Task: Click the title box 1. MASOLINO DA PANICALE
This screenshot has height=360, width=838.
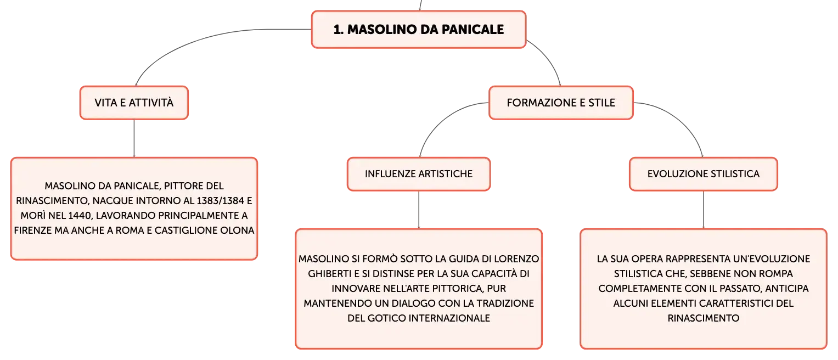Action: (x=419, y=30)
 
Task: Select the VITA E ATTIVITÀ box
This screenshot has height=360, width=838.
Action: (x=134, y=103)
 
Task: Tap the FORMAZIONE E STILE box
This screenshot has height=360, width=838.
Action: (x=561, y=103)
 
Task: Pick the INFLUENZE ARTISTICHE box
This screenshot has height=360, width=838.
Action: (x=419, y=174)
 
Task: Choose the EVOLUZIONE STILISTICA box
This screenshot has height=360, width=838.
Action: (x=704, y=174)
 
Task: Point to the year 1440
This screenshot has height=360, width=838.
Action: (x=80, y=216)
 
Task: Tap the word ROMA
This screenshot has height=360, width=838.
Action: (x=130, y=230)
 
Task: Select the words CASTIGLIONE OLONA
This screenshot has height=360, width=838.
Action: (x=204, y=230)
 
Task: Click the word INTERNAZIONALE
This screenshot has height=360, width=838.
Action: (x=449, y=318)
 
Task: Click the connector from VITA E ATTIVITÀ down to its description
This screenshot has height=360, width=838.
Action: (x=134, y=138)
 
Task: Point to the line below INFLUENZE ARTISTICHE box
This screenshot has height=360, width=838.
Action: (x=419, y=210)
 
